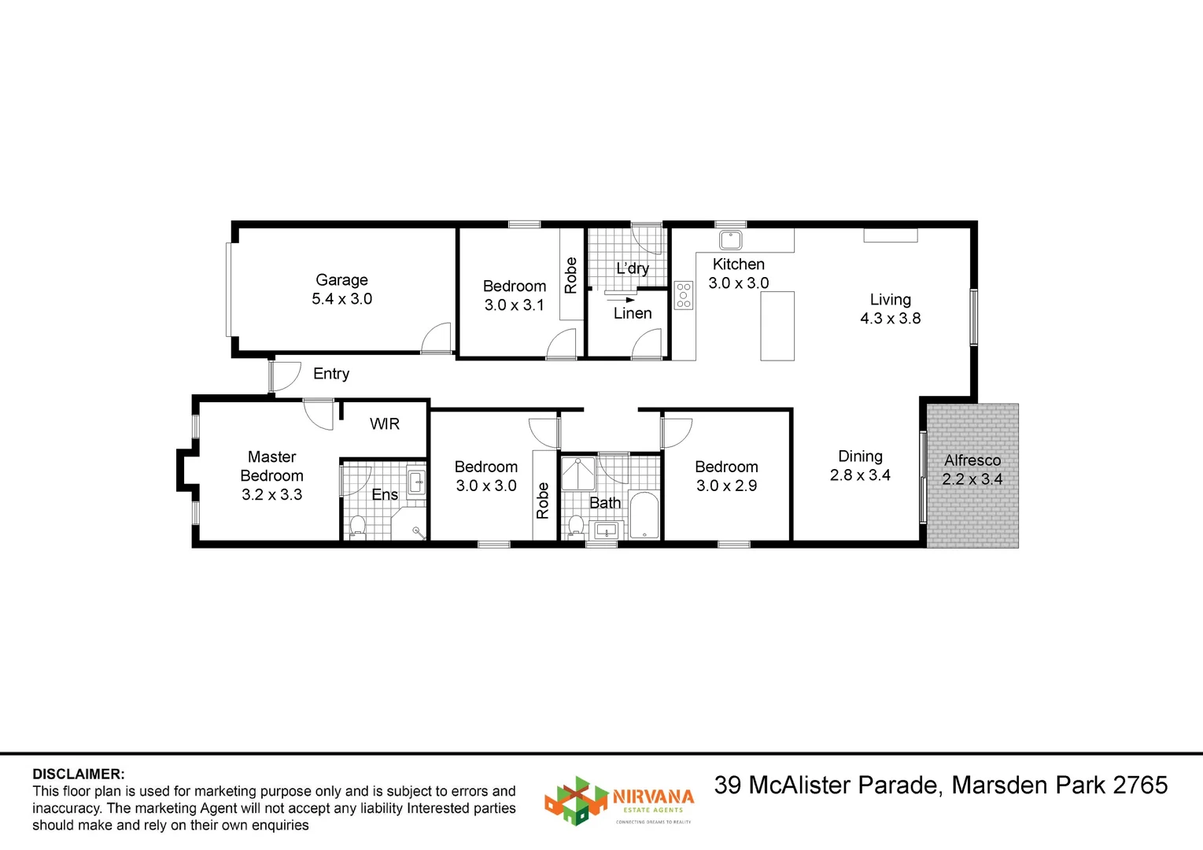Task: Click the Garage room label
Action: [x=341, y=279]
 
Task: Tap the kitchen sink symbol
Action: [x=730, y=239]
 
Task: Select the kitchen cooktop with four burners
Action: [x=684, y=295]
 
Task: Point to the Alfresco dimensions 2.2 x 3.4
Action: [x=972, y=479]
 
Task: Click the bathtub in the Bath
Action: [x=644, y=515]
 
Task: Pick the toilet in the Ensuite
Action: [x=358, y=527]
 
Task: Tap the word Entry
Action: [x=331, y=373]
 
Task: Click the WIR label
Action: [x=385, y=424]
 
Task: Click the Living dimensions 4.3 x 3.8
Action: [x=891, y=318]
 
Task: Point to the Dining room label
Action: [x=861, y=456]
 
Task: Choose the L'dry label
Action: [x=633, y=268]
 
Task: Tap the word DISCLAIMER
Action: [x=79, y=774]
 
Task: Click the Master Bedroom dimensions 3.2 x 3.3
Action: [x=271, y=494]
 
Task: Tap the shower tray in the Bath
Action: [x=578, y=473]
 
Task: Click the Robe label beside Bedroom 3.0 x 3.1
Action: [x=571, y=275]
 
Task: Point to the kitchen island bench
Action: [x=777, y=326]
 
